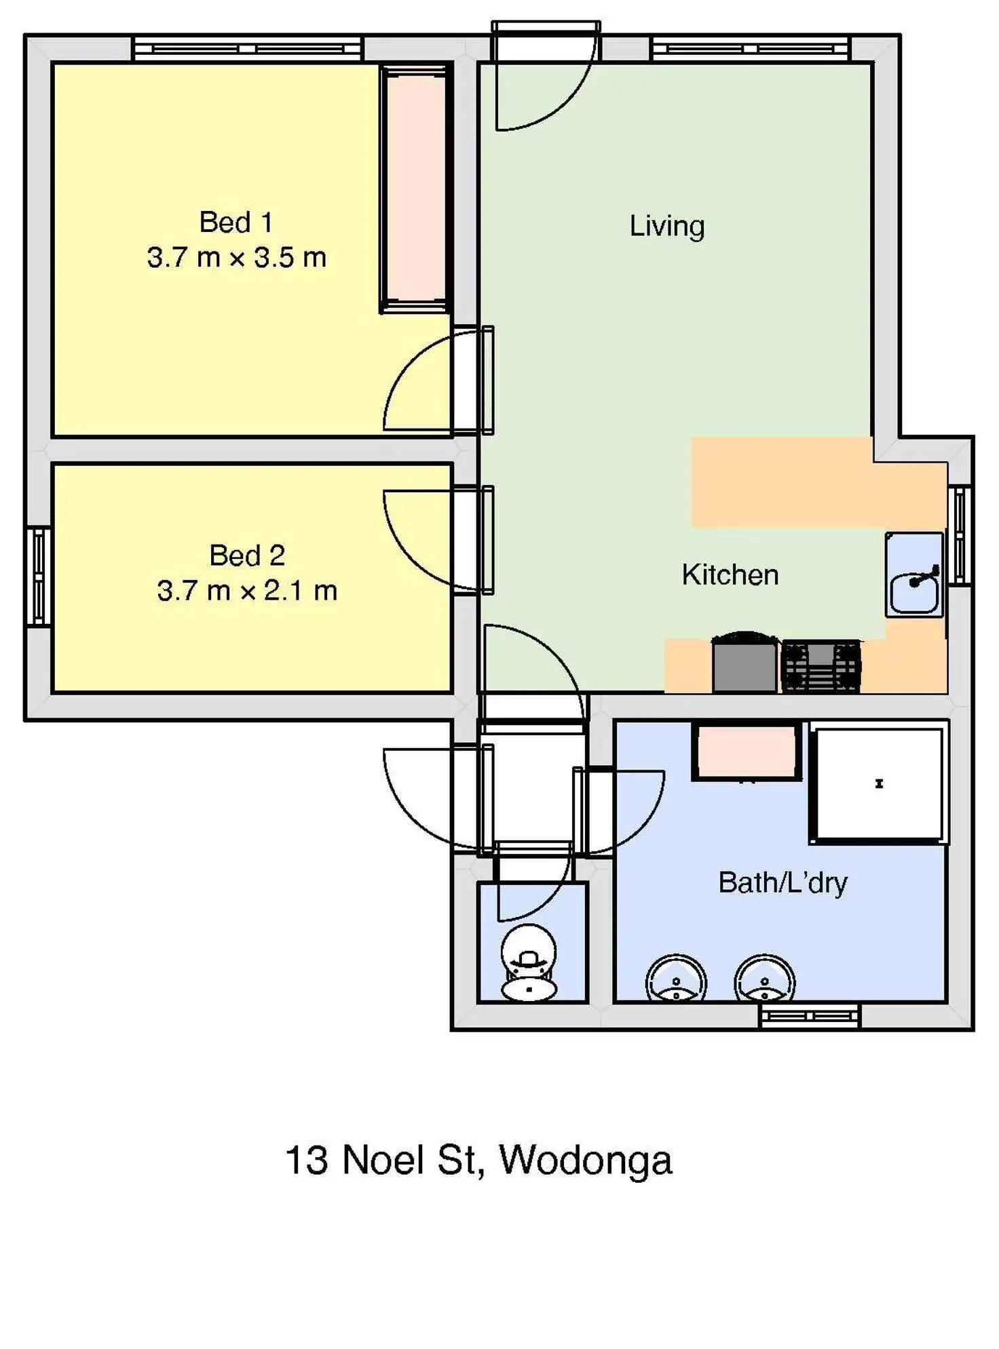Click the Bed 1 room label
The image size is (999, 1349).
[235, 222]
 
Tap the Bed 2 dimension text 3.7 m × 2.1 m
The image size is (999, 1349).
[247, 591]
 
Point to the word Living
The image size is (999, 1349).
[666, 226]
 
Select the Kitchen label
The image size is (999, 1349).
[730, 575]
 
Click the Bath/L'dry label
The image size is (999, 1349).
[783, 882]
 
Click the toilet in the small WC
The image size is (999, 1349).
[529, 963]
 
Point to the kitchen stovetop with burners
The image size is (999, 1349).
[821, 665]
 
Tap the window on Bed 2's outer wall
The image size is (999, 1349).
[39, 576]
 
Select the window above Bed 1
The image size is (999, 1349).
[248, 49]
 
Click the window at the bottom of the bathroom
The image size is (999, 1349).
[809, 1015]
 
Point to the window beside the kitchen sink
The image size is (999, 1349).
[959, 535]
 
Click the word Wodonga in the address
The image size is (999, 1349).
[586, 1160]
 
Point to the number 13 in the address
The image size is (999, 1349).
[306, 1160]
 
